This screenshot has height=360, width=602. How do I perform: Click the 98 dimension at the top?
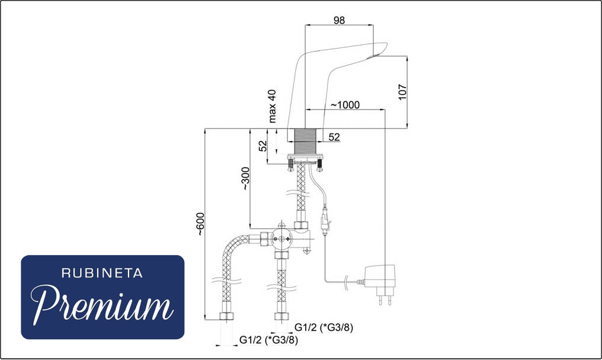click(x=339, y=20)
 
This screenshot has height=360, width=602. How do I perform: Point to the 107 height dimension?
click(x=402, y=92)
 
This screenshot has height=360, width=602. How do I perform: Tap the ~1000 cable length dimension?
click(x=345, y=105)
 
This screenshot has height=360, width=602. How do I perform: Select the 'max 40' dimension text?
click(x=272, y=107)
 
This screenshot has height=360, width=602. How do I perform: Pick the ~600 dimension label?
click(x=200, y=224)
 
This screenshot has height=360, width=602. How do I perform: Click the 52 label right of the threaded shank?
click(x=334, y=137)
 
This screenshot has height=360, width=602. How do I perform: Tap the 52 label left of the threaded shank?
click(x=262, y=146)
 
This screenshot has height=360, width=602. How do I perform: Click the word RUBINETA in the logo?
click(x=102, y=274)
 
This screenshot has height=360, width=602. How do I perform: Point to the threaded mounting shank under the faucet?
click(x=306, y=142)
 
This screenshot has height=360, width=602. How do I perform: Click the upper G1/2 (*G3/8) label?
click(x=324, y=327)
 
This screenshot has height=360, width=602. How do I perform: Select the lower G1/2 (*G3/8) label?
click(x=268, y=340)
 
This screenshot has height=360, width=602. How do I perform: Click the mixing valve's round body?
click(x=282, y=239)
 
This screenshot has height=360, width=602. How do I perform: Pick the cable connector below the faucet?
click(x=325, y=223)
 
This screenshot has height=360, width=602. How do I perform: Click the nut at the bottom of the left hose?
click(x=226, y=317)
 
